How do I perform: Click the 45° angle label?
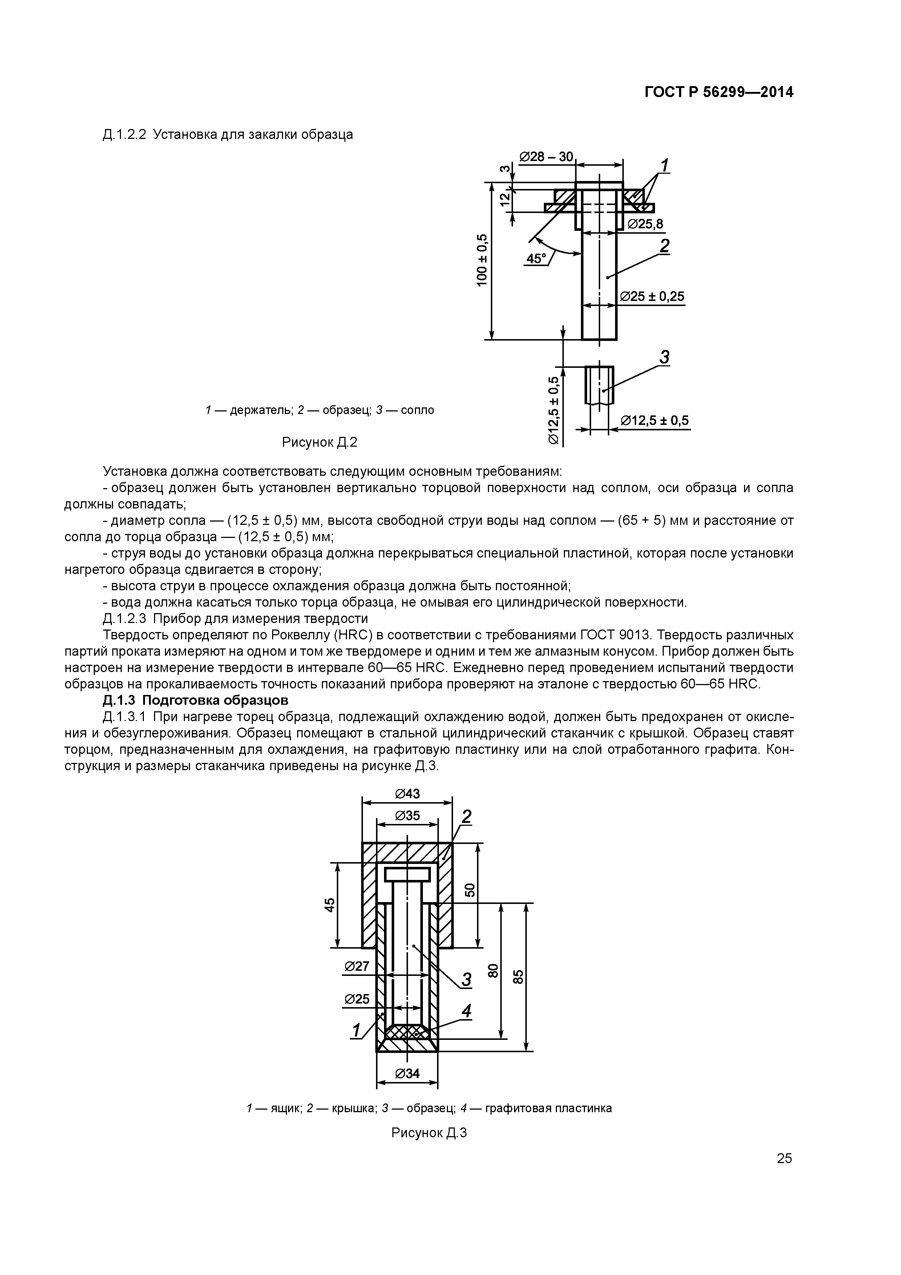536,259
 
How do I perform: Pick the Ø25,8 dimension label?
646,224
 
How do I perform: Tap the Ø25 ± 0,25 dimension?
652,297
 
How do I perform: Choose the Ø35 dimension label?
408,816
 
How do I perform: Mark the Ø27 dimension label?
357,966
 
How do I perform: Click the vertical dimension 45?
330,905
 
